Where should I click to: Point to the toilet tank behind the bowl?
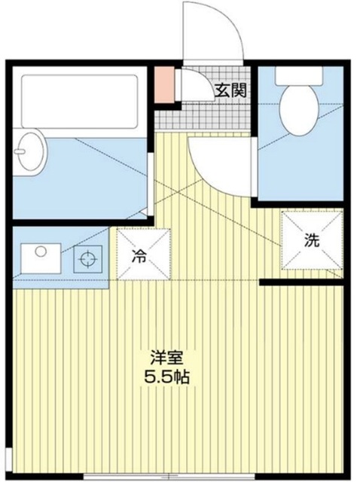(299, 75)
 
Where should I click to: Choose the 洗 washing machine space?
(310, 240)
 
